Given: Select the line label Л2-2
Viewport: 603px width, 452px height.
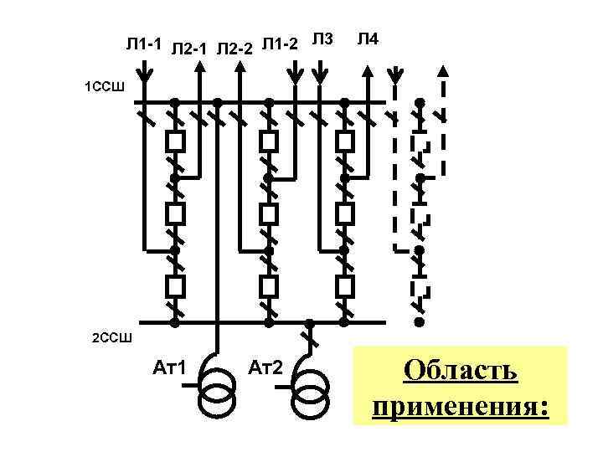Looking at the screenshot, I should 234,50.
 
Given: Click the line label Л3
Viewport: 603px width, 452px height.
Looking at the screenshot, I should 322,39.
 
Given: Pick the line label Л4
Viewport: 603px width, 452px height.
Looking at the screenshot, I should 368,39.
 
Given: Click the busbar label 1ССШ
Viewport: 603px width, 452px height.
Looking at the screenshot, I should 104,85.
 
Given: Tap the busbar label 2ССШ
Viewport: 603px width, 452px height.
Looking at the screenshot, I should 111,337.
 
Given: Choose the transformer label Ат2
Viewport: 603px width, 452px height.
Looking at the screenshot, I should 267,367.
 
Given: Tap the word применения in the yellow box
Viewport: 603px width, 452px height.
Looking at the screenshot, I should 461,407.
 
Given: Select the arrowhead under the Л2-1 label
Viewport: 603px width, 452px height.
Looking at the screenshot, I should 198,71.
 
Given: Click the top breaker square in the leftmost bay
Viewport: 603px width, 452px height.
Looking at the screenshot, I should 175,141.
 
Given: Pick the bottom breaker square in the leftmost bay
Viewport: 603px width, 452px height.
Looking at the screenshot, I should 175,286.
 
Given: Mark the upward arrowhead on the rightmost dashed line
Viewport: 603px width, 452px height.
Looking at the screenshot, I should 443,71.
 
